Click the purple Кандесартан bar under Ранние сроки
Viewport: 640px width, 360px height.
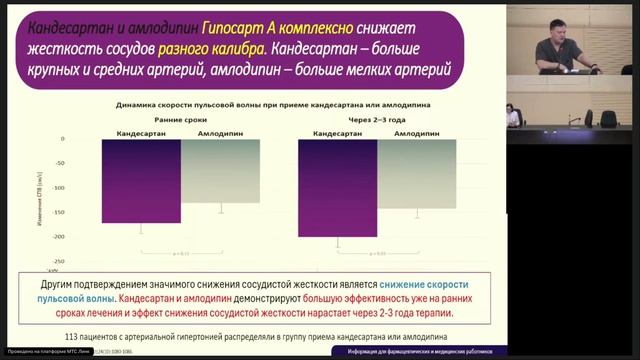click(141, 181)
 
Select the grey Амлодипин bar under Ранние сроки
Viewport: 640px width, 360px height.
click(220, 171)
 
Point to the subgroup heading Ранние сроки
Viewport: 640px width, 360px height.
click(180, 118)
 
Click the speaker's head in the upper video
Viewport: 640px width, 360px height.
click(557, 20)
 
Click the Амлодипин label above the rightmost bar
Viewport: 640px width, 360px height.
click(416, 132)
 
